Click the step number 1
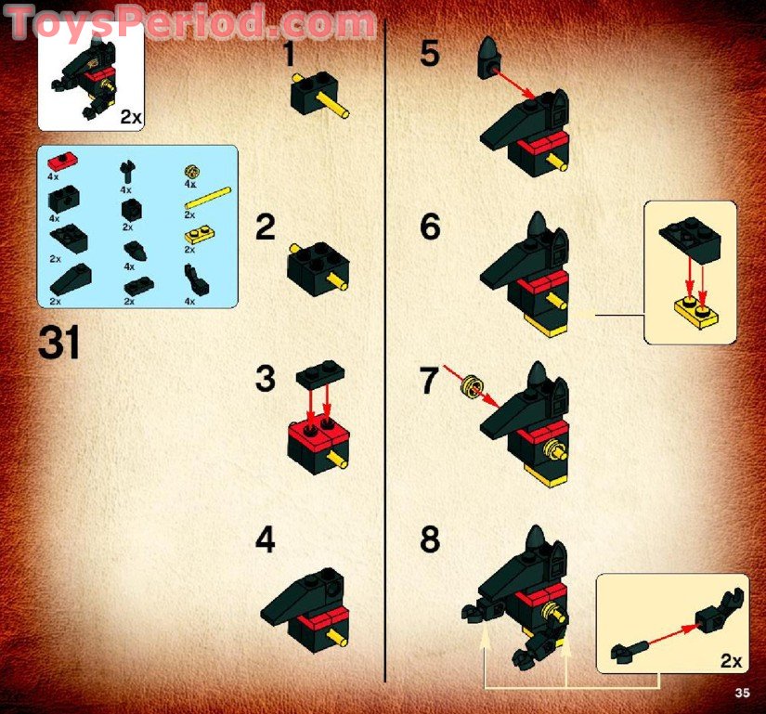[x=289, y=55]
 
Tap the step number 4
[x=266, y=540]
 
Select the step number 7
[x=429, y=382]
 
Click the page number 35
[x=740, y=692]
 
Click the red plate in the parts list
[x=62, y=158]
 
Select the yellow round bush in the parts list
[x=193, y=169]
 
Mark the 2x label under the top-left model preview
[x=129, y=116]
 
